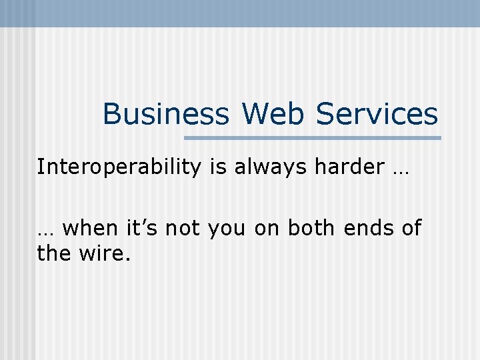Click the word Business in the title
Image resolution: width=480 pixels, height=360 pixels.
(165, 114)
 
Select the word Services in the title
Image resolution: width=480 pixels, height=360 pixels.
(377, 114)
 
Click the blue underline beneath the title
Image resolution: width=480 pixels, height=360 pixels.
(312, 138)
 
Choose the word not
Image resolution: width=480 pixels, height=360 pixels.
(183, 229)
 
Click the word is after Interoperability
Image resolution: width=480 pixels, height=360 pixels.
(217, 167)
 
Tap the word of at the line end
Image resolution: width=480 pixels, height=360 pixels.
(411, 229)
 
